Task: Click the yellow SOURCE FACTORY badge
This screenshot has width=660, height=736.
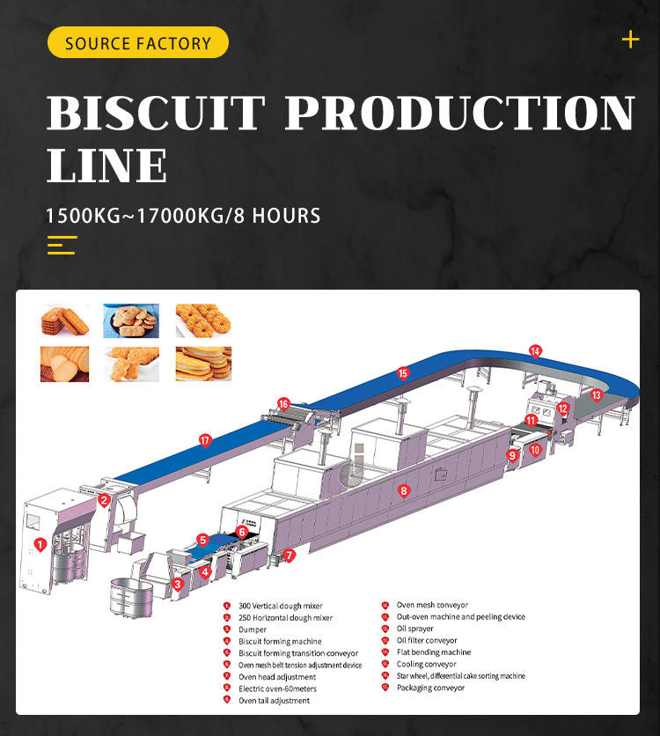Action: (138, 43)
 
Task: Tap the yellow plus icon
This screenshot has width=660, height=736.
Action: (630, 40)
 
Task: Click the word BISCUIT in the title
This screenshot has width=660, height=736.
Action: (156, 114)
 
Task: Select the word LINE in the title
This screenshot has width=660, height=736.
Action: (106, 165)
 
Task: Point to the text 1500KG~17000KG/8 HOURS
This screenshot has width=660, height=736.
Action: (183, 215)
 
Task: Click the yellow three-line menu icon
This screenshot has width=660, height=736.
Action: (62, 245)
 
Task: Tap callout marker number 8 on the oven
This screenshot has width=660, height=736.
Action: (404, 490)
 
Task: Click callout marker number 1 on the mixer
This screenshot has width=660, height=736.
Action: (40, 544)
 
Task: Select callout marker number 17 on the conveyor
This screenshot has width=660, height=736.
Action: (205, 440)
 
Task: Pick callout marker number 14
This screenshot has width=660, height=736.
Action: (535, 350)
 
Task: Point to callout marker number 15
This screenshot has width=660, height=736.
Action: (403, 372)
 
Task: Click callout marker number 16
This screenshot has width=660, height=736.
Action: (283, 403)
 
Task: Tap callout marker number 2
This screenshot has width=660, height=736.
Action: (104, 501)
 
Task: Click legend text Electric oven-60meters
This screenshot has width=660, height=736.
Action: (277, 688)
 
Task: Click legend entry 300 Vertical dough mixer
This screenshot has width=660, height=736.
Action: (280, 606)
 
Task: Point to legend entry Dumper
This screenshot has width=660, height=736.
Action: (253, 629)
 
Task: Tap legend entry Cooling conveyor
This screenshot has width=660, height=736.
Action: (426, 664)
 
